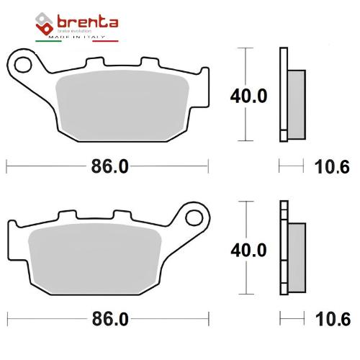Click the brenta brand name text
(88, 22)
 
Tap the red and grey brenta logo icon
(44, 24)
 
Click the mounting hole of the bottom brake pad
(194, 218)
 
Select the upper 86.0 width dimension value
(109, 166)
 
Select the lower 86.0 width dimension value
(110, 319)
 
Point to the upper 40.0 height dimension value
(248, 96)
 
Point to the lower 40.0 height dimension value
(248, 250)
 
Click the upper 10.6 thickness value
(332, 167)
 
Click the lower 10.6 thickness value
(333, 319)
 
